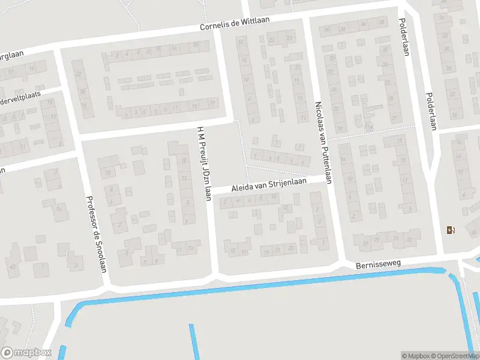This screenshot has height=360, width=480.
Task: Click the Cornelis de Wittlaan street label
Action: click(235, 24)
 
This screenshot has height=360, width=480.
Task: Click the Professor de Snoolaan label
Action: click(95, 235)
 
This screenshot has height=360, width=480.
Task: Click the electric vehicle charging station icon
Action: click(450, 230)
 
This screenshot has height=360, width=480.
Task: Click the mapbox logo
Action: click(26, 353)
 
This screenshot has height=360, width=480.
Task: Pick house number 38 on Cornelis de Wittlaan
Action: click(381, 23)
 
